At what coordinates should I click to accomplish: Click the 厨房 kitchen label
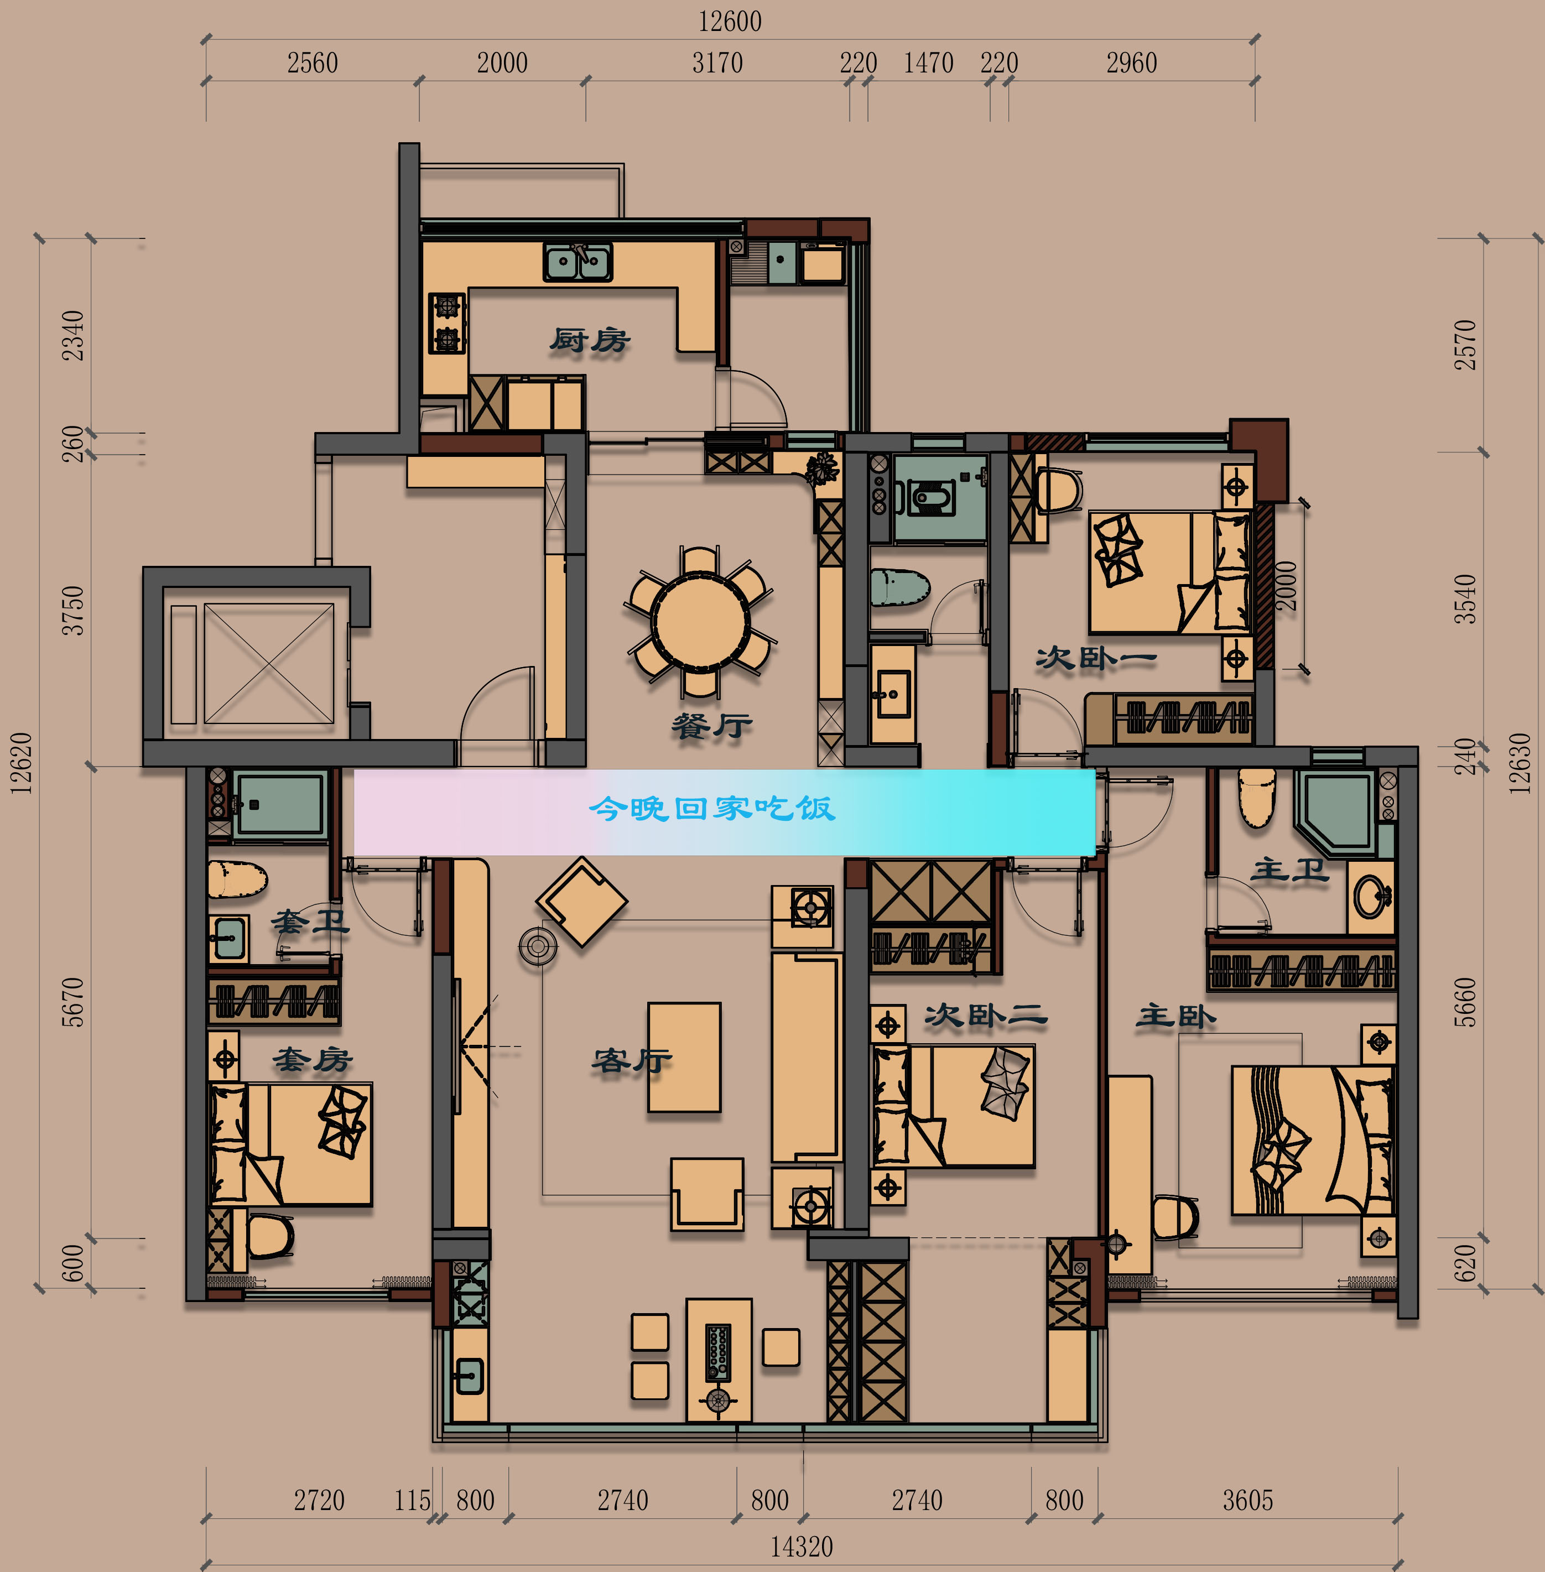(x=590, y=340)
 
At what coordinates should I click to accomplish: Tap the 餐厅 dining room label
(x=711, y=725)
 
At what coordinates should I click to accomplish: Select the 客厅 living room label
(x=632, y=1059)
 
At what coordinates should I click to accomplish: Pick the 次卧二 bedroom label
(x=986, y=1014)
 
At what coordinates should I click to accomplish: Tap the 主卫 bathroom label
(x=1290, y=869)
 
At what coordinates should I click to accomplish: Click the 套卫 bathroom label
(x=310, y=920)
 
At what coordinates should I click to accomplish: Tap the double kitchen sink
(x=578, y=261)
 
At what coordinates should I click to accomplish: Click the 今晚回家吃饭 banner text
(x=711, y=808)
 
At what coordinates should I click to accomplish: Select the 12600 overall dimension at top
(x=730, y=21)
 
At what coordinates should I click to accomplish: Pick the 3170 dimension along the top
(x=717, y=63)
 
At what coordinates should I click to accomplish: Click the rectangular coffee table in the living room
(x=684, y=1056)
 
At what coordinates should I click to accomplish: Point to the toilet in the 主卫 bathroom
(x=1257, y=798)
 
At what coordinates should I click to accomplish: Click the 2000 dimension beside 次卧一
(x=1286, y=586)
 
